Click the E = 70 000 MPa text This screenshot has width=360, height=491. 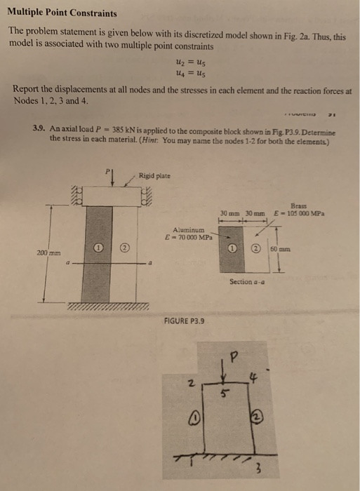tap(187, 237)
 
